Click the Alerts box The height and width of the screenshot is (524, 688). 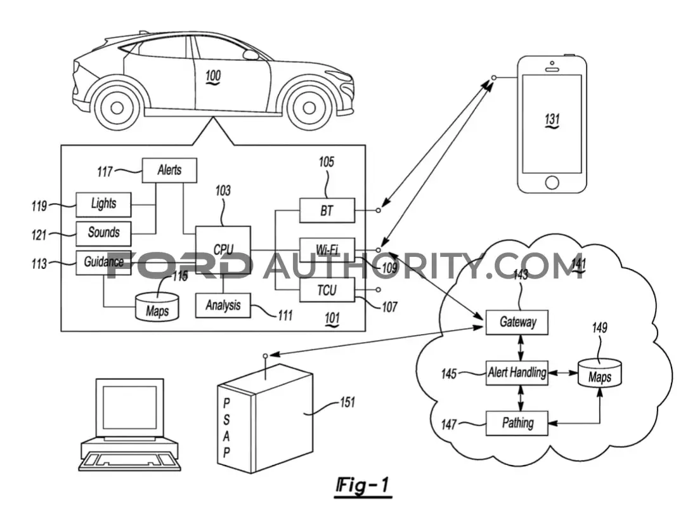pos(169,170)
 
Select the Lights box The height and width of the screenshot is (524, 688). pos(103,204)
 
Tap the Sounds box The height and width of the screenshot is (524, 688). pos(103,233)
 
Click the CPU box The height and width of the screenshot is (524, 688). pos(223,250)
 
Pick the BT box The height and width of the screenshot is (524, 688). pos(327,210)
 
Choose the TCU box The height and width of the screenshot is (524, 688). pos(327,290)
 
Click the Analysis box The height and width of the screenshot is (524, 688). pos(223,305)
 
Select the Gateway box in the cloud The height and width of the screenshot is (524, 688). pos(517,322)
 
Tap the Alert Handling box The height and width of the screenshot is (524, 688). pos(517,373)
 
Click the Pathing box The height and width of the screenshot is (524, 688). pos(517,424)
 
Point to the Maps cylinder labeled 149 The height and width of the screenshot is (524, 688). pos(599,374)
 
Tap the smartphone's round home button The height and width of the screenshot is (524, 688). pos(552,183)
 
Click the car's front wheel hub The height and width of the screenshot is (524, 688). pos(309,107)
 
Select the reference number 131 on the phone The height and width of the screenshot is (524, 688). pos(552,120)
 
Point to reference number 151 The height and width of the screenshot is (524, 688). pos(347,402)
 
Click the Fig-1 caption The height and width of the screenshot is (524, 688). pos(363,487)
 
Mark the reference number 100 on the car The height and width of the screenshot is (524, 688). pos(213,76)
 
